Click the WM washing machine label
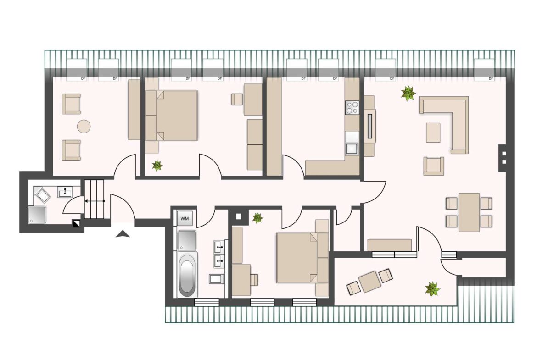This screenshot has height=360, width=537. [185, 218]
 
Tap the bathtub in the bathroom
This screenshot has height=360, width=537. [187, 275]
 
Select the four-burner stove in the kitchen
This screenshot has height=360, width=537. [352, 107]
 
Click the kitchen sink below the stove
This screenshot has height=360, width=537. [352, 149]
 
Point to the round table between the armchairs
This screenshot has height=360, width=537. [84, 126]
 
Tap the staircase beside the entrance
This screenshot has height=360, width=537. [94, 199]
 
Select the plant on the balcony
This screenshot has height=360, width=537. [432, 289]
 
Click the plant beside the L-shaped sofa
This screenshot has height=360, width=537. [408, 94]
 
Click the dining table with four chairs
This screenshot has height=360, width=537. [469, 212]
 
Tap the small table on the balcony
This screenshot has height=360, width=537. [369, 281]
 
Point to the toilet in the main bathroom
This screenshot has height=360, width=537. [216, 278]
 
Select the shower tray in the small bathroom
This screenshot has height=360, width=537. [37, 215]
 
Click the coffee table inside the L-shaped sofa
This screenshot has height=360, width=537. [433, 133]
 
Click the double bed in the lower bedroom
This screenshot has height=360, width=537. [302, 258]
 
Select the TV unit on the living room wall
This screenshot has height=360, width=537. [369, 126]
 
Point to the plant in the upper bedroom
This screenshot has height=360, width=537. [157, 166]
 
